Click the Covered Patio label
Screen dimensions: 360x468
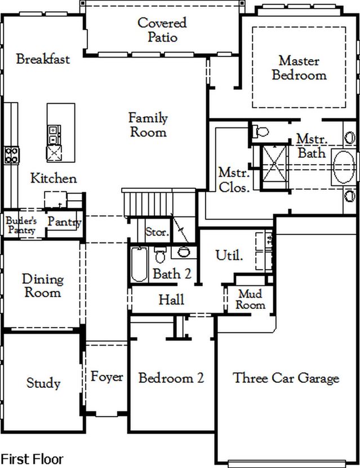162,30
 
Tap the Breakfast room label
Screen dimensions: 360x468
43,59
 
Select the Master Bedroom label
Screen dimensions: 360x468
299,68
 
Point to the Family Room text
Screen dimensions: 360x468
148,125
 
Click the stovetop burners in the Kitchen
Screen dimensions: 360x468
11,155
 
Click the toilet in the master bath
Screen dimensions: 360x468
260,131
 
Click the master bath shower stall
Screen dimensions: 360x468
274,164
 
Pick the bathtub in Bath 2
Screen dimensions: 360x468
139,264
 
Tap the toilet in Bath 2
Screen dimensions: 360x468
160,255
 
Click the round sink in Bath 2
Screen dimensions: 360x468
184,252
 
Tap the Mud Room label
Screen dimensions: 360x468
251,299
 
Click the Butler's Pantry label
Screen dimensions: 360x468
21,225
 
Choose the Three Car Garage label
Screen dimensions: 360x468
286,378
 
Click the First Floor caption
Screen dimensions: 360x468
32,459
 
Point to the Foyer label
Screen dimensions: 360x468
106,377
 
